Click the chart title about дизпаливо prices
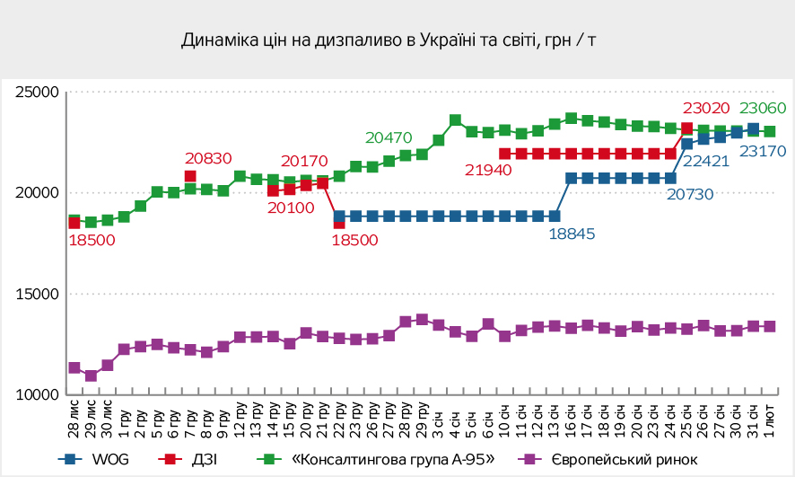[389, 40]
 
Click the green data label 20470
[389, 137]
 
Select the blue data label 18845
[571, 234]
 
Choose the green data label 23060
[762, 110]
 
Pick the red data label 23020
[708, 110]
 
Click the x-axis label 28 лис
[74, 415]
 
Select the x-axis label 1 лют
[770, 415]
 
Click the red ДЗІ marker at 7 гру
[190, 177]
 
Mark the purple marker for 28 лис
[74, 368]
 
